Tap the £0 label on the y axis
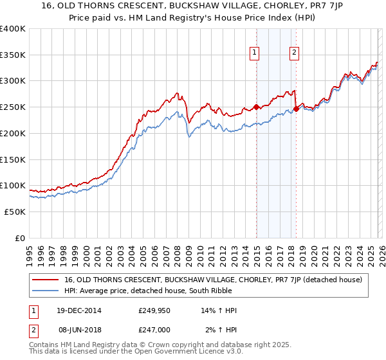(x=20, y=238)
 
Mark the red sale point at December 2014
(x=256, y=107)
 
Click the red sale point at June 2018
(x=296, y=109)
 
